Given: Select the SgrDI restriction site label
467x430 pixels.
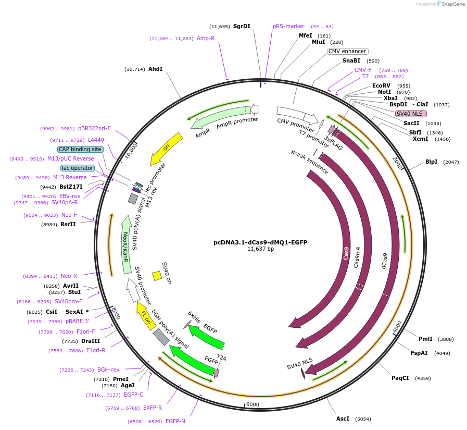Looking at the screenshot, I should tap(242, 26).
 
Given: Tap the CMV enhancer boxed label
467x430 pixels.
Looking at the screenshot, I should tap(347, 51).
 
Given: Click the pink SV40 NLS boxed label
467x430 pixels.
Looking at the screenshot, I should tap(411, 114).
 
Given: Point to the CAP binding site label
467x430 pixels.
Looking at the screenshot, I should tap(80, 149).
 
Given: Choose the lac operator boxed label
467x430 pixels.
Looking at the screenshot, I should tap(78, 168).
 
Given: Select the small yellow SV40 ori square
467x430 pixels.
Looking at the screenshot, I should tap(157, 275).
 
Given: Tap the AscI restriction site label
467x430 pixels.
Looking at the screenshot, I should tap(343, 419).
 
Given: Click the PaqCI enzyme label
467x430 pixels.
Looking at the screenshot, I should tap(400, 378).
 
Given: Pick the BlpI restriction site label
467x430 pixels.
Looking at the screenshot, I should tap(432, 162).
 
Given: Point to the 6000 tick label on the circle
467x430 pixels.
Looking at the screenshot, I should tap(253, 404).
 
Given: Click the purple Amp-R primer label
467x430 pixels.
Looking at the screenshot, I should tap(206, 38).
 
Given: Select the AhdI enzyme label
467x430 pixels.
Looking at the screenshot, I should tap(155, 69).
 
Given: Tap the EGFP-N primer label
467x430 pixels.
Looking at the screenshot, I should tap(175, 421).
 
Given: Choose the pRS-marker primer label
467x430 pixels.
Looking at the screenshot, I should tap(288, 26).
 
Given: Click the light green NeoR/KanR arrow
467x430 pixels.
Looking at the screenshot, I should tap(125, 245).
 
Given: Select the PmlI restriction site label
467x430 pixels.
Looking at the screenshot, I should tap(425, 339).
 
